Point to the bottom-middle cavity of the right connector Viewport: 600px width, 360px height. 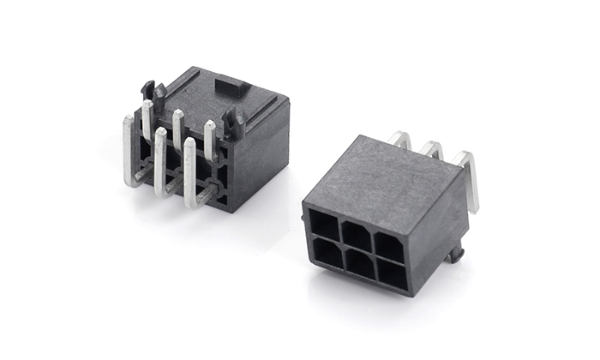[x=359, y=264]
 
